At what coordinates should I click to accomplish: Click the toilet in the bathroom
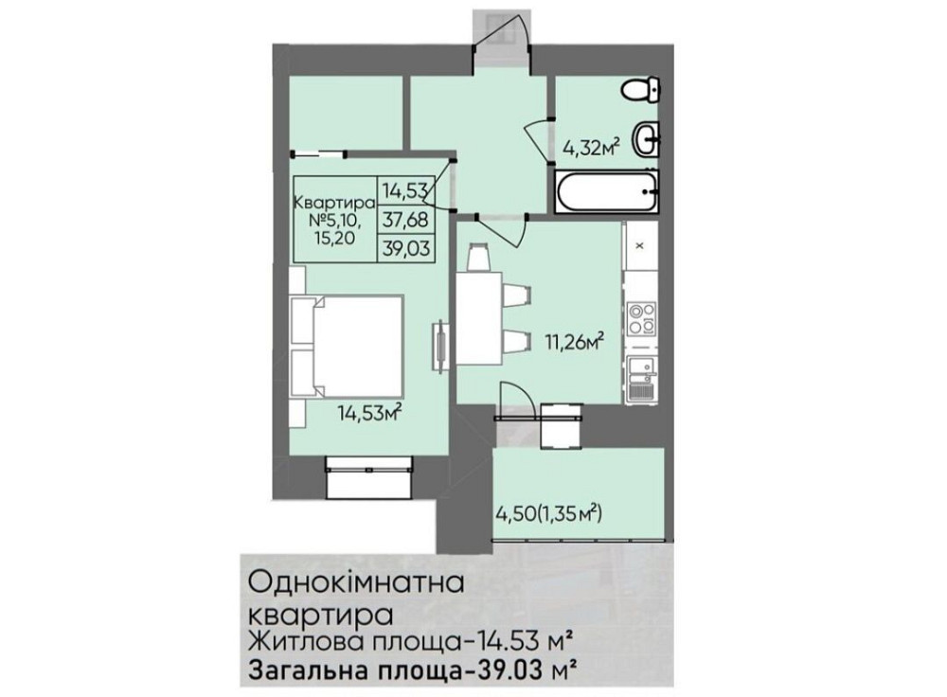click(642, 92)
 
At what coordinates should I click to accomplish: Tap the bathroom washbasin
click(647, 140)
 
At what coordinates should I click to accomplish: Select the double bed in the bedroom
click(348, 346)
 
